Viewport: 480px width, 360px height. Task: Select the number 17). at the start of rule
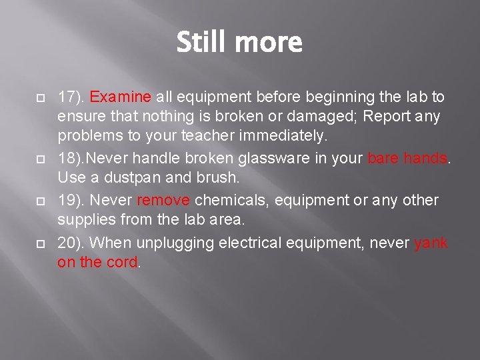click(x=71, y=97)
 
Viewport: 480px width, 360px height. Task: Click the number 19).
click(x=71, y=201)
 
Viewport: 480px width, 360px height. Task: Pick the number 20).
click(x=71, y=243)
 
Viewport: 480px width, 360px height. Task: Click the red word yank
click(x=431, y=243)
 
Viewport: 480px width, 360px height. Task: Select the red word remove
click(x=164, y=201)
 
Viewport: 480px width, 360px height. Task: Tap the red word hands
click(x=425, y=159)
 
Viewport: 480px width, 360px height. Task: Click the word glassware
click(x=251, y=159)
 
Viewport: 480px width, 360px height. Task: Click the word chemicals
click(x=228, y=201)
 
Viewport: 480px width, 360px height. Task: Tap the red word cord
click(x=121, y=263)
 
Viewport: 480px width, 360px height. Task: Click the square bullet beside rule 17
click(x=39, y=98)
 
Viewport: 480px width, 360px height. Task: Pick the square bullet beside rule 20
click(x=39, y=243)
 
